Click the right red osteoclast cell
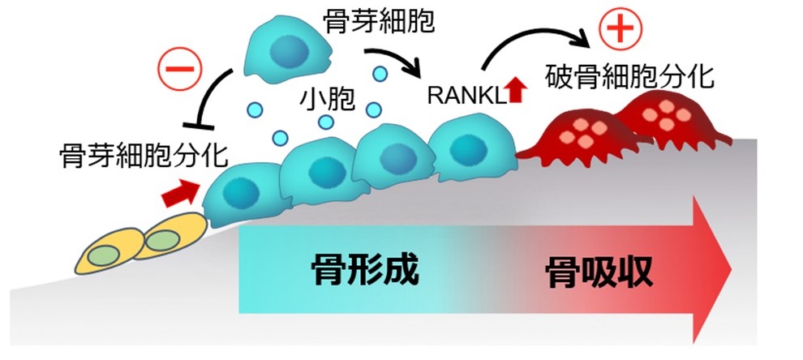tap(657, 117)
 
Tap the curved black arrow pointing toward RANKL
tap(395, 59)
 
